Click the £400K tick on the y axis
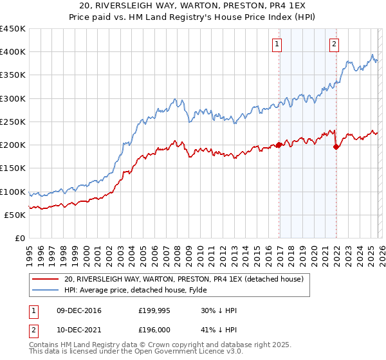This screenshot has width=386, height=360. click(13, 52)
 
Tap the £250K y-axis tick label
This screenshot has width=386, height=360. click(13, 122)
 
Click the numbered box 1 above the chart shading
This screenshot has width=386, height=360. click(277, 44)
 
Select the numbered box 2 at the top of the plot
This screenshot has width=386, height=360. click(335, 44)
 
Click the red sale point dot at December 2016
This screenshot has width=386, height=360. click(279, 145)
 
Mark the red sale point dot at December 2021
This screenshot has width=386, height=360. click(336, 147)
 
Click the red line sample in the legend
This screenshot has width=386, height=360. click(46, 279)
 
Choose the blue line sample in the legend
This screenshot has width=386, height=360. click(46, 290)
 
